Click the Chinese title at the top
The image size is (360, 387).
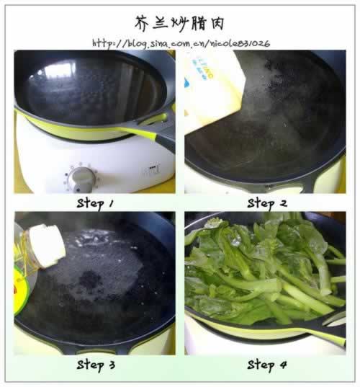click(179, 24)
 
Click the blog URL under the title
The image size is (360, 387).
click(181, 44)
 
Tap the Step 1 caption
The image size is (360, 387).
click(95, 204)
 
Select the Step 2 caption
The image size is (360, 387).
click(267, 204)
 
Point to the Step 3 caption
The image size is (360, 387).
click(96, 365)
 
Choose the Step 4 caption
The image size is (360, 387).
click(267, 365)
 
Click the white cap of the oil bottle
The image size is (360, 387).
click(48, 246)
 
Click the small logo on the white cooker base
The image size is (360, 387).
click(154, 169)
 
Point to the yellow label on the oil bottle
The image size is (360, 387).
click(20, 289)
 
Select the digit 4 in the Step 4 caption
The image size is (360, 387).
click(282, 365)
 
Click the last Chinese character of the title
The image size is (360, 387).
click(217, 24)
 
